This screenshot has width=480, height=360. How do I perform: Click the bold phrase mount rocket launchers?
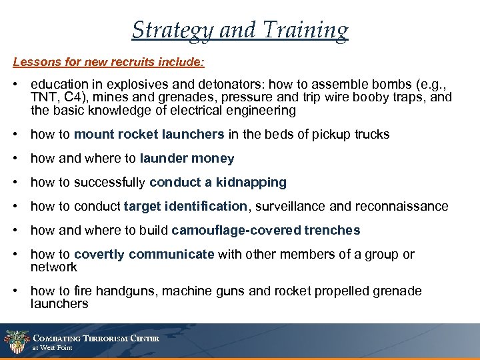coord(149,134)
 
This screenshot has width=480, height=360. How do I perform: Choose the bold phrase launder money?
coord(187,158)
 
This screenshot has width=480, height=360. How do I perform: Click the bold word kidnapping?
coord(253,182)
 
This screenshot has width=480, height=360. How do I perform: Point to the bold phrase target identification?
coord(186,206)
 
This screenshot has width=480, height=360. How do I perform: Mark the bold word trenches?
coord(332,230)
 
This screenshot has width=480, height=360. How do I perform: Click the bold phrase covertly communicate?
coord(144,254)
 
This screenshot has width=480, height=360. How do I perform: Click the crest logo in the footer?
coord(14,341)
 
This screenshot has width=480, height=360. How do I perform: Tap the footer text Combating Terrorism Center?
coord(96,338)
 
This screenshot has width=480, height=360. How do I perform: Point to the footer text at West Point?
coord(52,348)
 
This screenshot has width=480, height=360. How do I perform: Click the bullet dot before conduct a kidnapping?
coord(15,182)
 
